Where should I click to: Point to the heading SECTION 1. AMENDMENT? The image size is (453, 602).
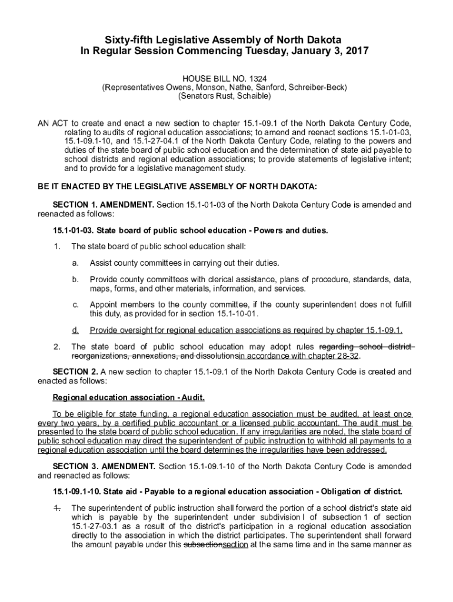click(x=104, y=205)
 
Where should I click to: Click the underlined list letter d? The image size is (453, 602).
click(x=75, y=330)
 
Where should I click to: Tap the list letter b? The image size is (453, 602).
click(x=75, y=279)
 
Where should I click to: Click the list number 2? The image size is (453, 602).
click(x=56, y=346)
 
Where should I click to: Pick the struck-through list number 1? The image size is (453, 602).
click(x=56, y=507)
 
